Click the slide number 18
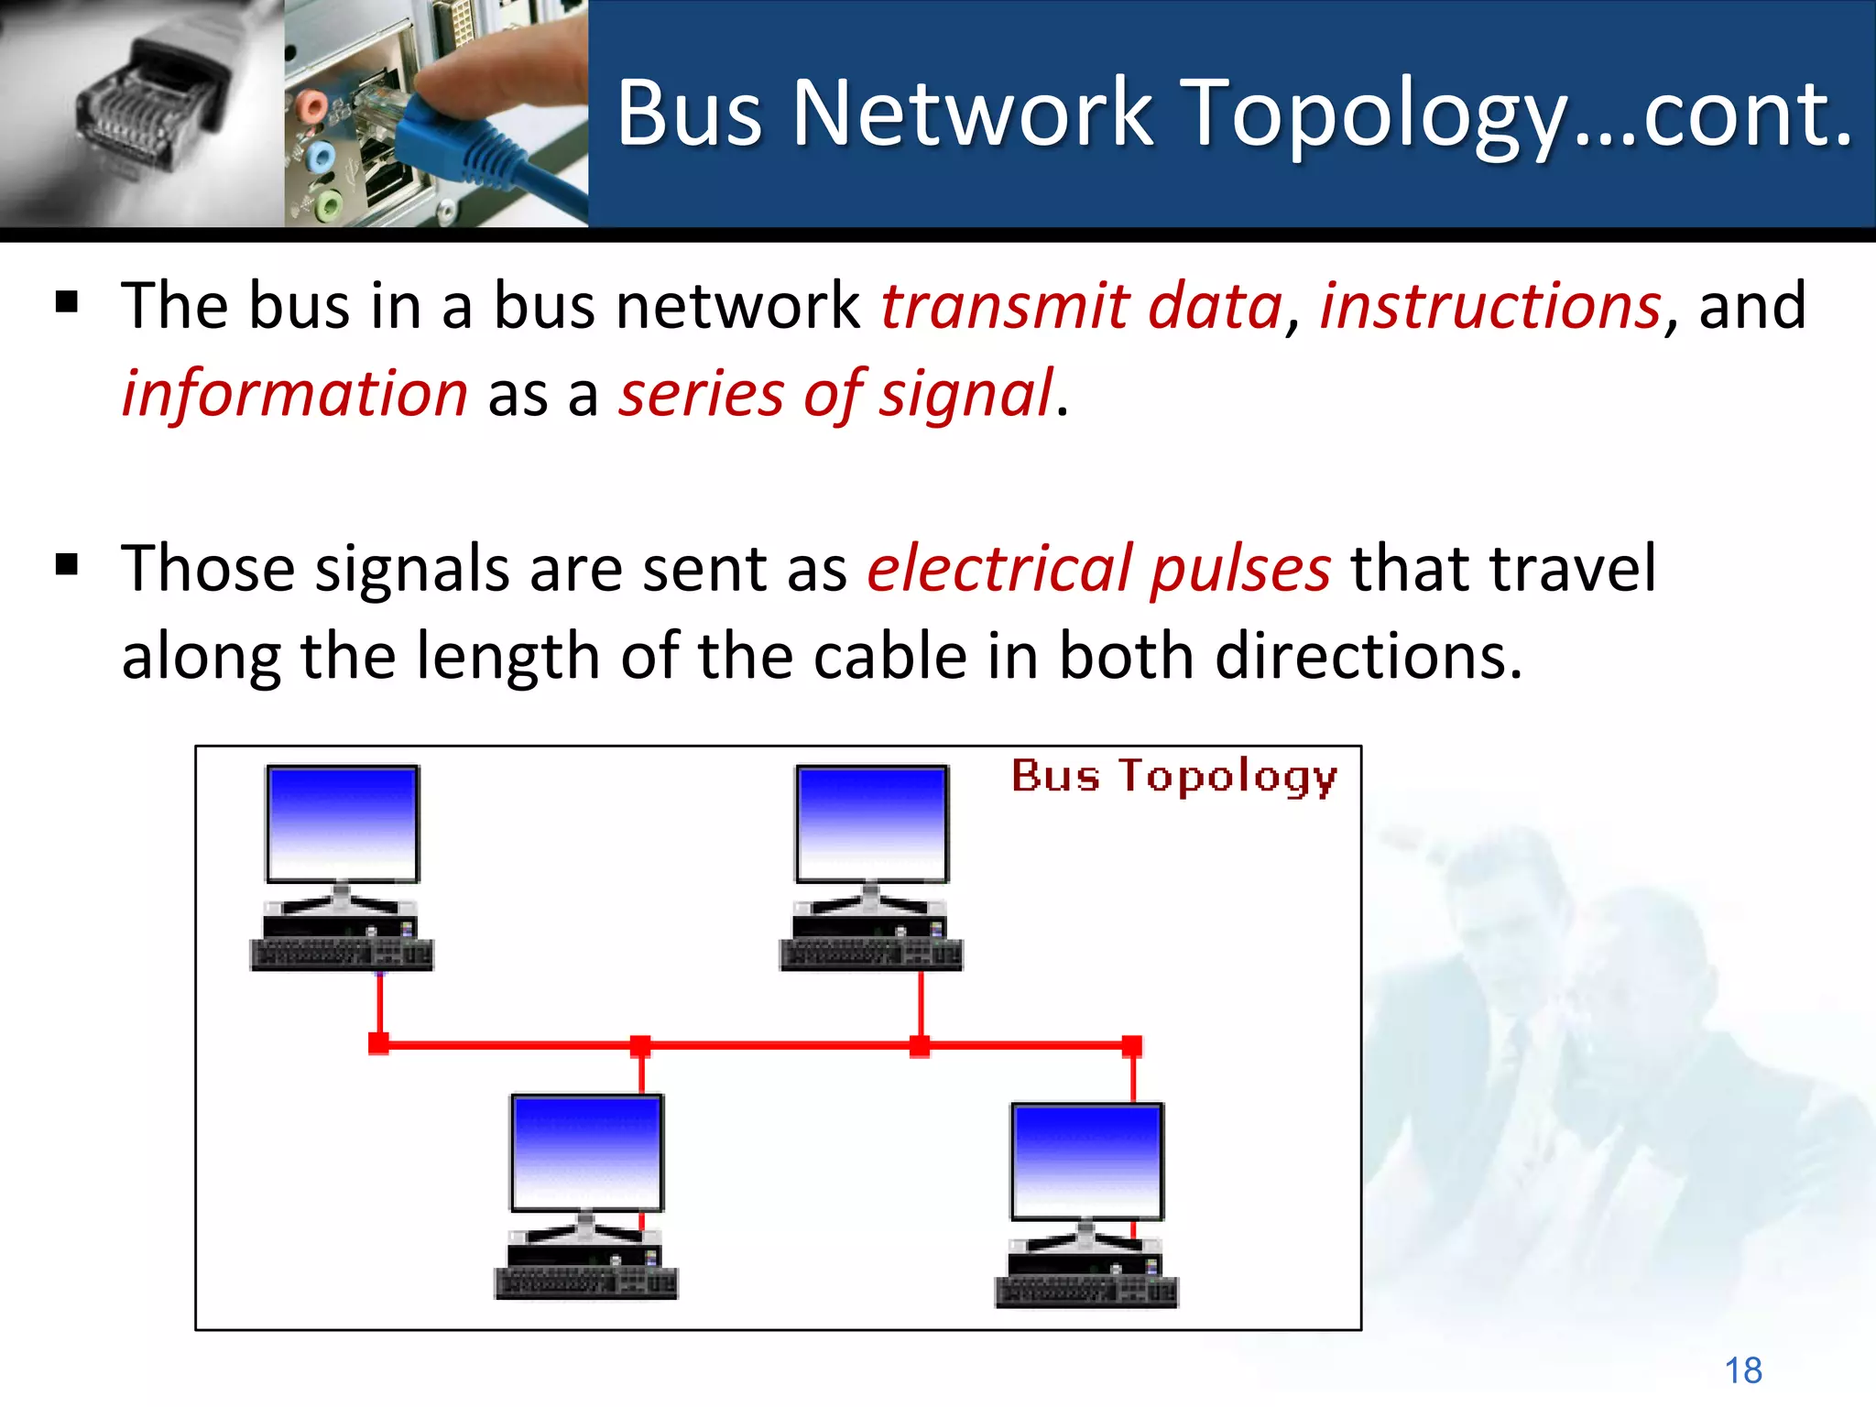(1742, 1370)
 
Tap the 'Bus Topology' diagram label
(1173, 777)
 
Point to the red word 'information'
(295, 393)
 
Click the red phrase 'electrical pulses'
(1098, 568)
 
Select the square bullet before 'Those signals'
(67, 564)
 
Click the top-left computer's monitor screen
(343, 822)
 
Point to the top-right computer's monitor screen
(871, 822)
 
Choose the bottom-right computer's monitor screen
(1087, 1160)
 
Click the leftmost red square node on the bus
(378, 1043)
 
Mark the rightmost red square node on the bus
(1132, 1045)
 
